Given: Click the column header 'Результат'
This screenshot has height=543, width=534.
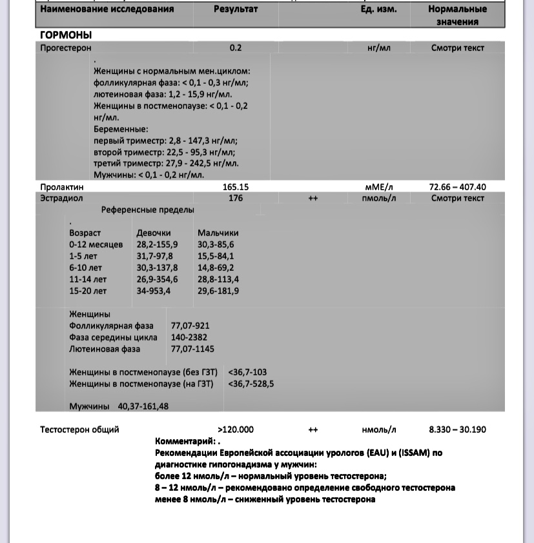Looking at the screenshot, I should point(235,10).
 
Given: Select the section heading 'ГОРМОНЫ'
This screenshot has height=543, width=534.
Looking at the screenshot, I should point(66,35).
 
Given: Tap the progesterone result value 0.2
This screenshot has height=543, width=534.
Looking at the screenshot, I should point(235,48).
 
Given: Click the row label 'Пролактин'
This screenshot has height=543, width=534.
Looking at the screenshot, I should point(62,187).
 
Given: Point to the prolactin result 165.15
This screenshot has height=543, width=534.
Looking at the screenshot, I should point(235,187).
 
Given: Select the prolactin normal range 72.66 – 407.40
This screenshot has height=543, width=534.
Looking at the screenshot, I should point(457,187).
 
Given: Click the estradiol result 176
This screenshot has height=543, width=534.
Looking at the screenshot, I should point(235,198).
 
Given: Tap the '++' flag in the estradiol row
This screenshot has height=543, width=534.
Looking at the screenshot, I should point(313,199).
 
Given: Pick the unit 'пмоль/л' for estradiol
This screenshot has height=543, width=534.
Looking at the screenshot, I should point(379,198).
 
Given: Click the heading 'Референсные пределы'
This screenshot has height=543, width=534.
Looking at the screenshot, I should point(147,210).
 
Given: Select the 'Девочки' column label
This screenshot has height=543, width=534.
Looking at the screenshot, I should point(154,233).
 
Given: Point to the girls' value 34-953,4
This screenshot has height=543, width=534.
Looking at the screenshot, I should point(154,291).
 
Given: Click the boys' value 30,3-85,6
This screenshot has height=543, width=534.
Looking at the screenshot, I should point(216,244).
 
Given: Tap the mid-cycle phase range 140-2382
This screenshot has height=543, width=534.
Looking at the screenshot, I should point(189,337).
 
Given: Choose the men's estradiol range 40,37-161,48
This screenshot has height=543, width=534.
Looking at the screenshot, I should point(143,406).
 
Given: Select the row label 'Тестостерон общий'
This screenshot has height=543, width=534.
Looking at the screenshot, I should point(79,429).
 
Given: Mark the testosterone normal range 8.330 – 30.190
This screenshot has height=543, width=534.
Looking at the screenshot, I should point(457,429).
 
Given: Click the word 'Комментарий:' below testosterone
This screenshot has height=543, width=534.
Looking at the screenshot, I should point(184,441).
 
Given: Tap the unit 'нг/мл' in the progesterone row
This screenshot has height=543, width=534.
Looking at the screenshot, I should point(379,48).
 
